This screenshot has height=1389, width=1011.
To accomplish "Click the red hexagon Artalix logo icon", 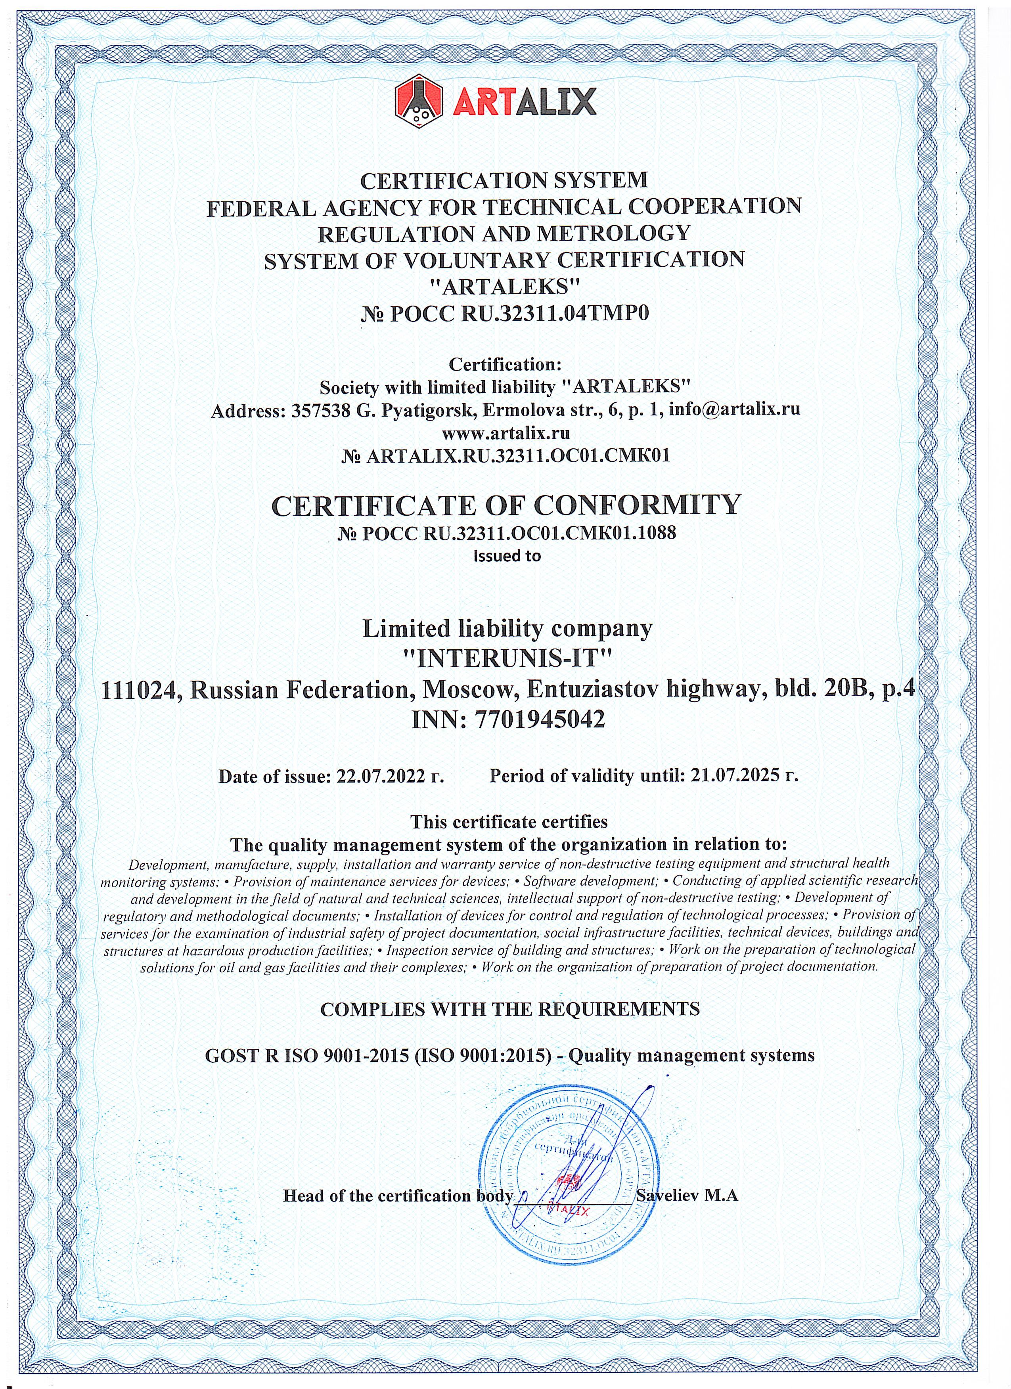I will (x=419, y=100).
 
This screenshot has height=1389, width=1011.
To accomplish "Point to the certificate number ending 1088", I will (x=507, y=533).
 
